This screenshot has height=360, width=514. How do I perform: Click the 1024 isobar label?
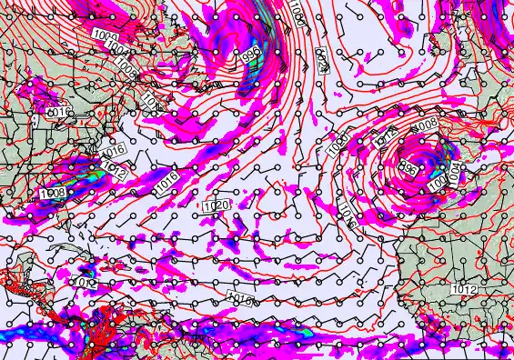pyautogui.click(x=322, y=60)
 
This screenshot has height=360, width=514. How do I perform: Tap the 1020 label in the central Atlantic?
pyautogui.click(x=217, y=206)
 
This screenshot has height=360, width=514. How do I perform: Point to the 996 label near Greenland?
pyautogui.click(x=252, y=55)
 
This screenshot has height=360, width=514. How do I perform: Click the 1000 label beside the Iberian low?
pyautogui.click(x=438, y=182)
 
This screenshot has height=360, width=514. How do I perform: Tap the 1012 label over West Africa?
pyautogui.click(x=464, y=288)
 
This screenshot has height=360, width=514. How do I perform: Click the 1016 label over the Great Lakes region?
pyautogui.click(x=58, y=112)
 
